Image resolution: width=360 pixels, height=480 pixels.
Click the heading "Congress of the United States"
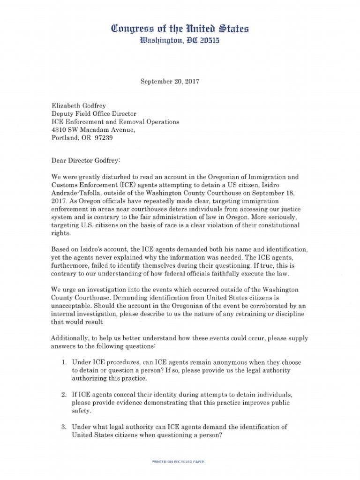point(180,30)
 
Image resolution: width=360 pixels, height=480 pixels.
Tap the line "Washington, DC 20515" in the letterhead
point(180,41)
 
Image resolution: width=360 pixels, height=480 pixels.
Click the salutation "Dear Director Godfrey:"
point(86,160)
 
